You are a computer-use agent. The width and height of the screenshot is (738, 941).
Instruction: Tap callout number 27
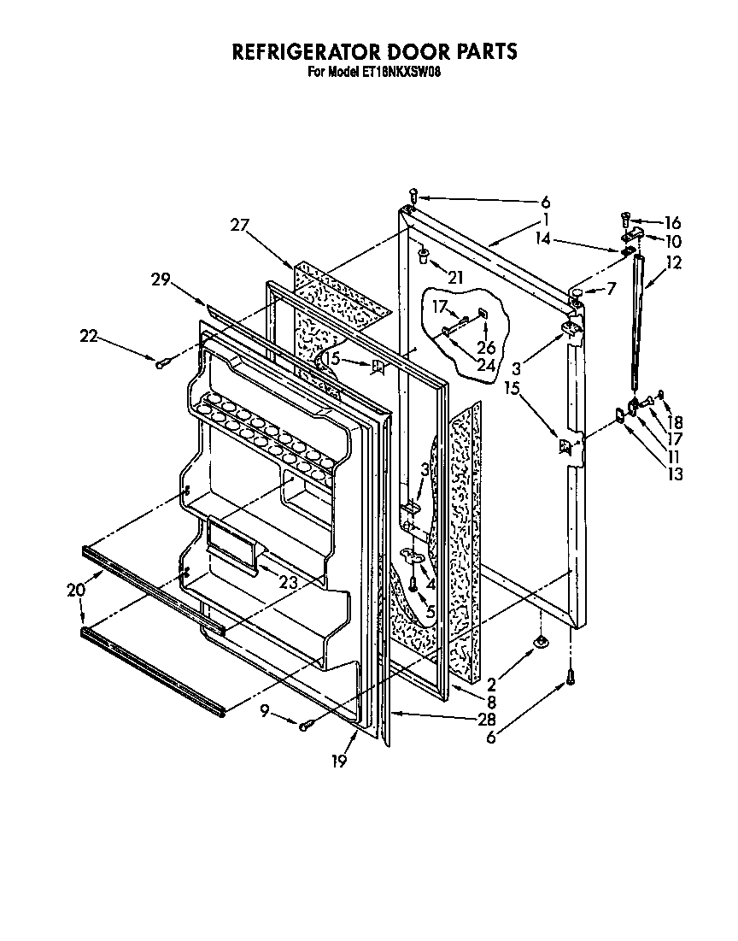click(x=240, y=226)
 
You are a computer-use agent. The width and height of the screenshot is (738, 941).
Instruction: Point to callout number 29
click(x=161, y=279)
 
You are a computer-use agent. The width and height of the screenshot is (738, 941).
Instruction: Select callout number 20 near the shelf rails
click(x=75, y=589)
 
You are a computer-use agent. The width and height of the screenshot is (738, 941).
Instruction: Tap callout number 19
click(x=340, y=761)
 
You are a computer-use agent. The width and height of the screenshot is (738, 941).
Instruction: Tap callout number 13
click(x=676, y=475)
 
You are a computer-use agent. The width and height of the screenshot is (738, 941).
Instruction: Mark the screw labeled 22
click(x=161, y=363)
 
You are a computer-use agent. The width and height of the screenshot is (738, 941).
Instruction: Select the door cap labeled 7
click(x=578, y=293)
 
